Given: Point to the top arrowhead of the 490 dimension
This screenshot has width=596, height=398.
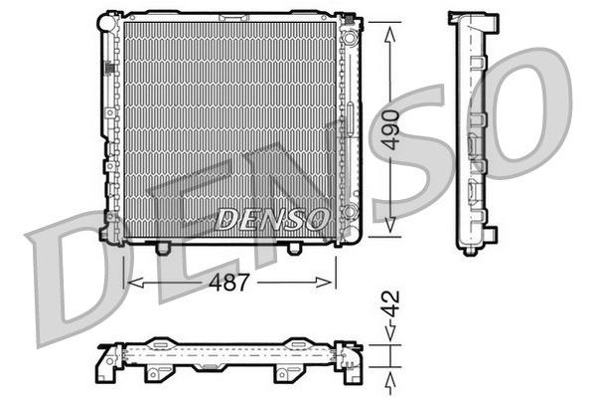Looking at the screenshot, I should pyautogui.click(x=391, y=25).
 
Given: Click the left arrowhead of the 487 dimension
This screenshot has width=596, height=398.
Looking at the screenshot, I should pyautogui.click(x=130, y=284).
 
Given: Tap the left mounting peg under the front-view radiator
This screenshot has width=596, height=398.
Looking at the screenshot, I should pyautogui.click(x=163, y=246).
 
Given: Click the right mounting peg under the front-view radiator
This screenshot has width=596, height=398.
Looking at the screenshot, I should pyautogui.click(x=294, y=246).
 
